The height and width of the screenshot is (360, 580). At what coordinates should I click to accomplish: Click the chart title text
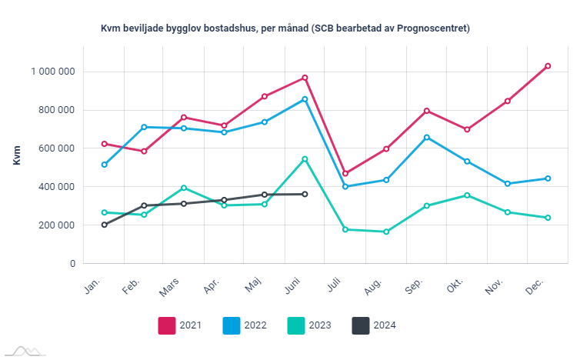coord(285,28)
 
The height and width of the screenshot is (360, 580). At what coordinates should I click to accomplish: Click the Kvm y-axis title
coord(17,154)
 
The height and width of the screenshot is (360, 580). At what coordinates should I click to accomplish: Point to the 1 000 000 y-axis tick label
coord(53,72)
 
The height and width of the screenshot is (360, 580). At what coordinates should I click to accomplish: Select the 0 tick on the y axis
coord(72,264)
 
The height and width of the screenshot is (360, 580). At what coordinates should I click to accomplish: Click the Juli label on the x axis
coord(334,286)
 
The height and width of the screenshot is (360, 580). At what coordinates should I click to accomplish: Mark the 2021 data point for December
coord(548,66)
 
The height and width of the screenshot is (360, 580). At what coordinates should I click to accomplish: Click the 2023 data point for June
coord(305,159)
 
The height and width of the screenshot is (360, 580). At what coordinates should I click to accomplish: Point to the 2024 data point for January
coord(104,225)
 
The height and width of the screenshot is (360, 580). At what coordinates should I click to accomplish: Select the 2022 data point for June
coord(305,99)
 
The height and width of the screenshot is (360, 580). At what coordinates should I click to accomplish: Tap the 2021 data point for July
coord(345,173)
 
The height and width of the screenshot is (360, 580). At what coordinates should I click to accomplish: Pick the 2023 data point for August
coord(385,232)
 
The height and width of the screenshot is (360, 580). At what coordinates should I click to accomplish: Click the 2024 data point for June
coord(305,194)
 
